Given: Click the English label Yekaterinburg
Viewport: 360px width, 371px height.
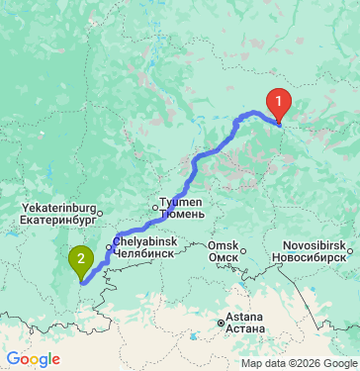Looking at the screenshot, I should click(x=58, y=209).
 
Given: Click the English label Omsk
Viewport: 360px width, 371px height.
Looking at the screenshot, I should click(x=222, y=244).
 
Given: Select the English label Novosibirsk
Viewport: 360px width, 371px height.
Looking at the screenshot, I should click(x=314, y=243).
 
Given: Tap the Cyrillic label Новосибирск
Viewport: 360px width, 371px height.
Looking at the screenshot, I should click(x=314, y=254).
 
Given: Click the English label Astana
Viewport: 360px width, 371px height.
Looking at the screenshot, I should click(x=243, y=318).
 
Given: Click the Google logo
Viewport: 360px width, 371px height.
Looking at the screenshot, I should click(x=33, y=359).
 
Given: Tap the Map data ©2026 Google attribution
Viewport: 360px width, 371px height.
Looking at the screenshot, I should click(x=299, y=363).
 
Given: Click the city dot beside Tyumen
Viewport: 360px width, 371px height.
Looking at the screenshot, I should click(x=154, y=207).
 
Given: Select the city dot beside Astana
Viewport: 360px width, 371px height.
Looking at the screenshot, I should click(x=222, y=323).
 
